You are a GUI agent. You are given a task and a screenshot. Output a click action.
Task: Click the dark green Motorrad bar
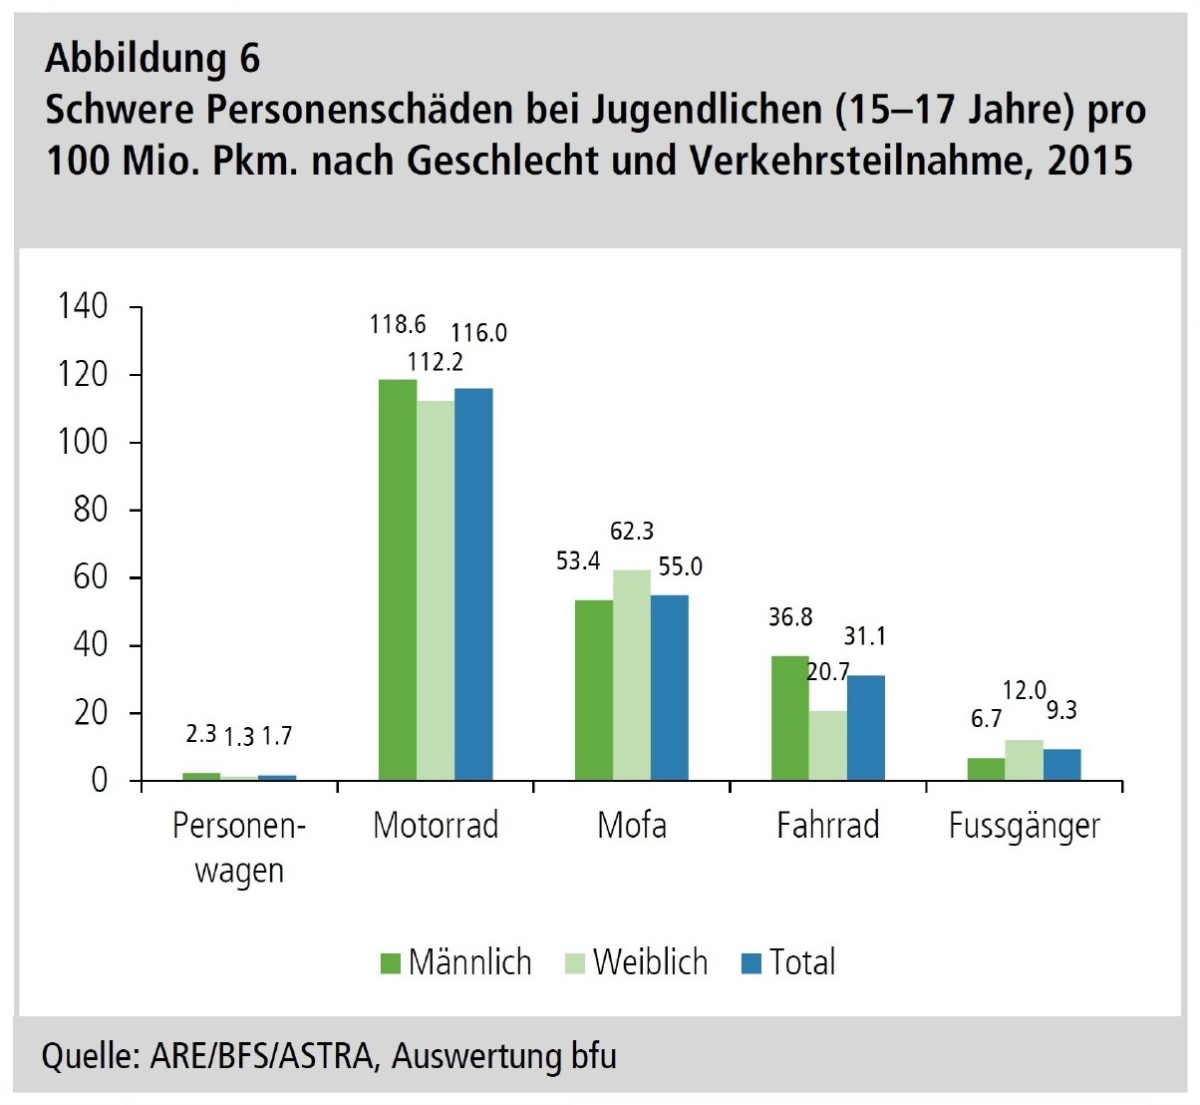398,579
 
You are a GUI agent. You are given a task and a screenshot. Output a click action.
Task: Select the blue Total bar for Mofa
670,687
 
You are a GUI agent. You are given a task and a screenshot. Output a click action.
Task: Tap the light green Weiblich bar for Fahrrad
827,745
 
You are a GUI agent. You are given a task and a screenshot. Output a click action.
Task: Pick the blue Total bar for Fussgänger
1062,765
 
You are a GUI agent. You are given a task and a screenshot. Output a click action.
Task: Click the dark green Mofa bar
593,689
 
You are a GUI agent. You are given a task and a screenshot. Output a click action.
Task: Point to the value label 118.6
397,324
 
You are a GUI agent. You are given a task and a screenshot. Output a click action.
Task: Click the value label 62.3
632,532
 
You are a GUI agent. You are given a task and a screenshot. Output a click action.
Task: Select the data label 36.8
790,617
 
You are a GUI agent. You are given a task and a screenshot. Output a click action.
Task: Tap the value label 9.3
1061,710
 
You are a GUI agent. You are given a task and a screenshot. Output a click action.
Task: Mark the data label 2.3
201,734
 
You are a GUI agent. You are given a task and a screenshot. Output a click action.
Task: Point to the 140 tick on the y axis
84,306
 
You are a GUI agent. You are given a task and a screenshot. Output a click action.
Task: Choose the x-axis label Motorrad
436,826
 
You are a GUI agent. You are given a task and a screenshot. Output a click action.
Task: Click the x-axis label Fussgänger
1025,826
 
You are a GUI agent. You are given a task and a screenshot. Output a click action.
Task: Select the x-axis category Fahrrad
828,826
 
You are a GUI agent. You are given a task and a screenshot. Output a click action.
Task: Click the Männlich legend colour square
390,962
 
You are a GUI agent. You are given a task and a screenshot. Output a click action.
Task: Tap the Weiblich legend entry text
650,962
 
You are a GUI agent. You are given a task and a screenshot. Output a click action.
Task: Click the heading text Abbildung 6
152,60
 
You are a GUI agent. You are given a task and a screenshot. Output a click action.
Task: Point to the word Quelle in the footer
87,1056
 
